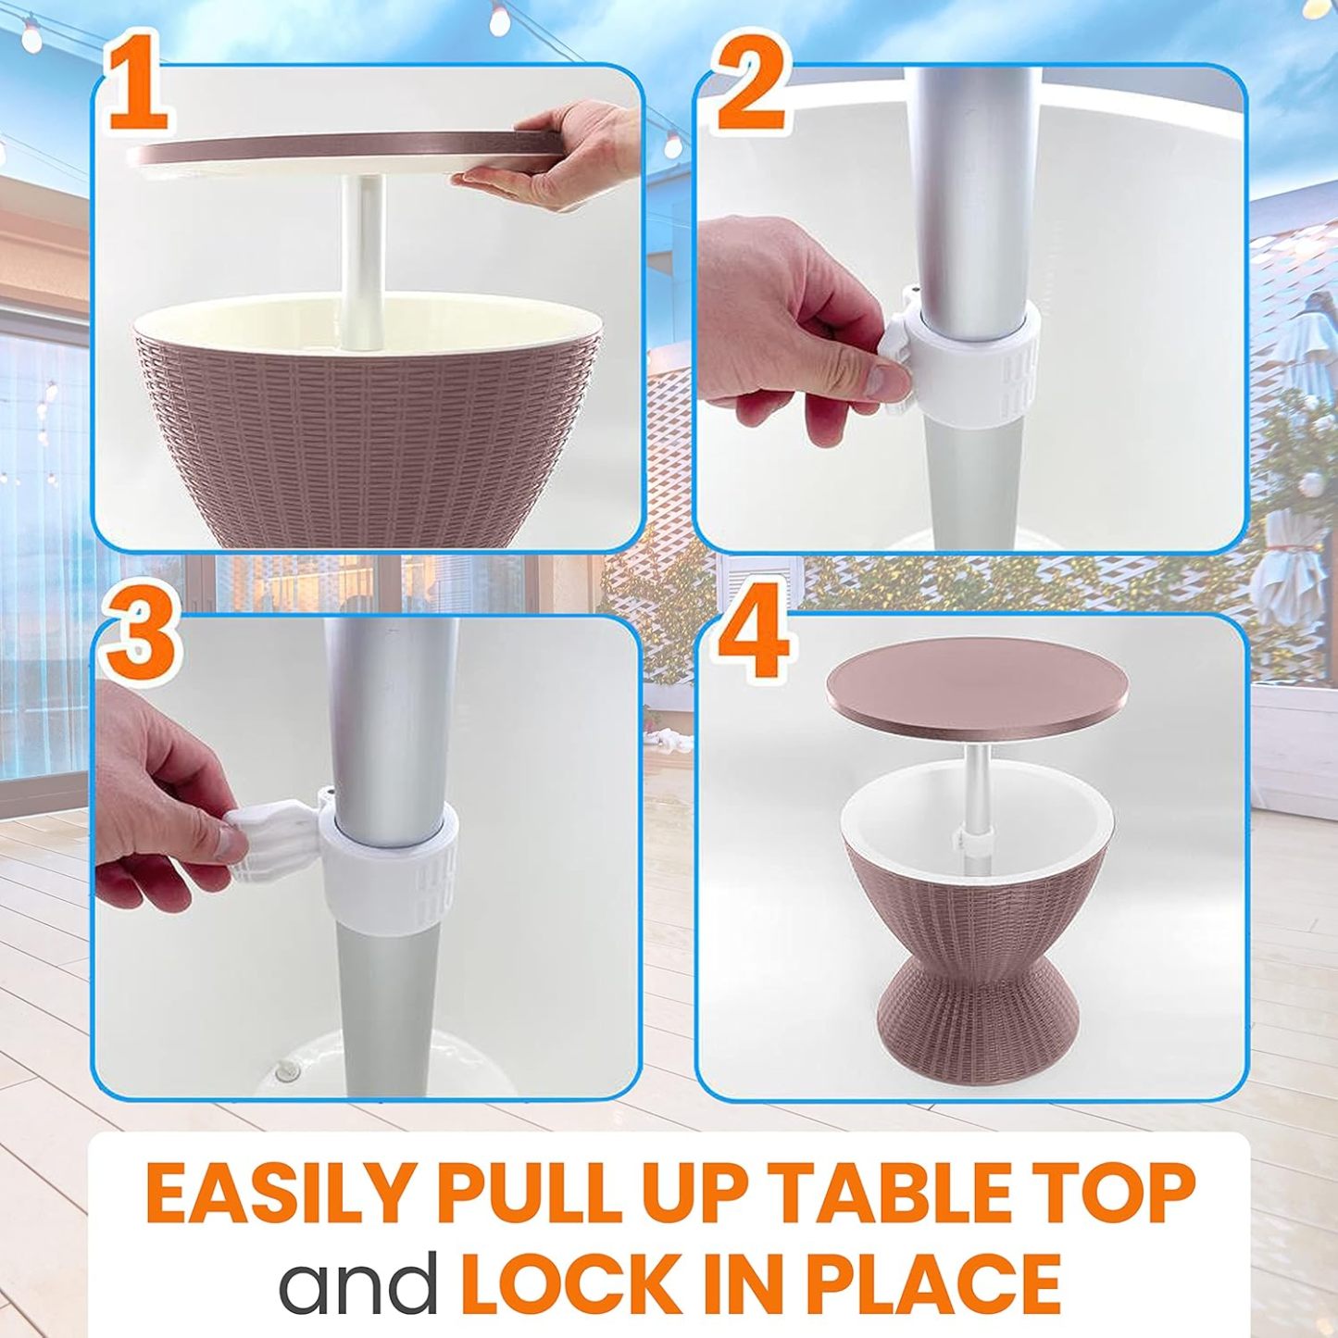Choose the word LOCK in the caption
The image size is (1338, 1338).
(x=570, y=1282)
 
